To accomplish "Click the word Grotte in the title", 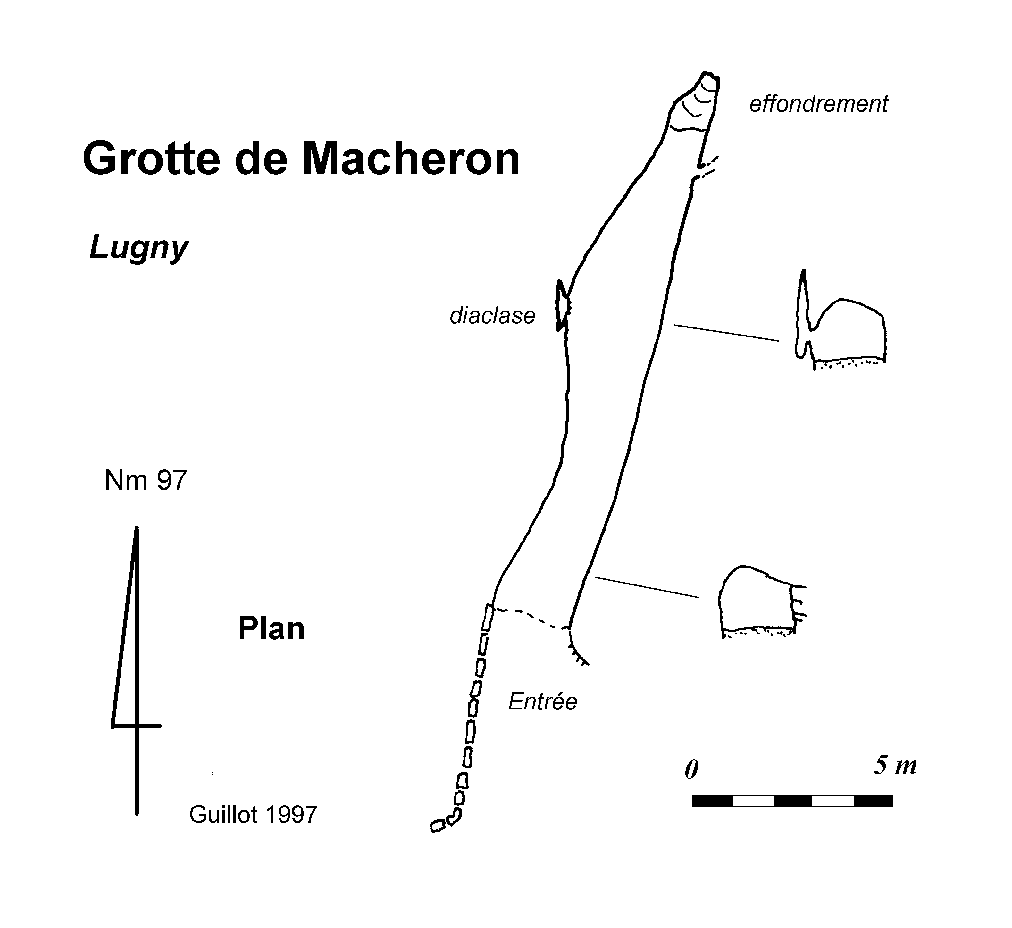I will [x=151, y=159].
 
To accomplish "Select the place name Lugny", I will [x=138, y=248].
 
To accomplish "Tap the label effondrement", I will [x=819, y=104].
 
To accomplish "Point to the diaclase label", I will [x=492, y=316].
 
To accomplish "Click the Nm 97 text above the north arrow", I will [x=146, y=481].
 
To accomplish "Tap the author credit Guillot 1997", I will [x=253, y=815].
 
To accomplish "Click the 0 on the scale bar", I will [x=691, y=769].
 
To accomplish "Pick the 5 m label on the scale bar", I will [x=896, y=765].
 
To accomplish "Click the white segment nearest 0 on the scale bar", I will [x=753, y=801].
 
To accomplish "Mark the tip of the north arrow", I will [x=136, y=528].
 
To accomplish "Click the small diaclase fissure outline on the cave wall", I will [x=562, y=306].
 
